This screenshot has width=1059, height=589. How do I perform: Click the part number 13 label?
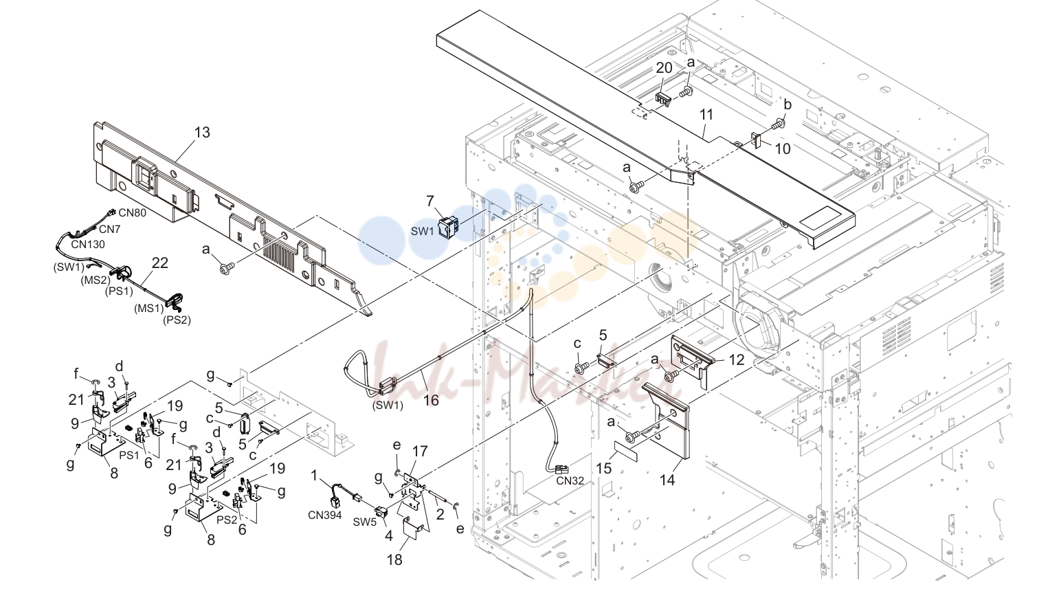(x=202, y=133)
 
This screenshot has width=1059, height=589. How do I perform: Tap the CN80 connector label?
(x=133, y=213)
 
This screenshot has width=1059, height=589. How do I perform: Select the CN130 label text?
(x=88, y=245)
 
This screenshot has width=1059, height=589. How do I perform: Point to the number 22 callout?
(x=160, y=263)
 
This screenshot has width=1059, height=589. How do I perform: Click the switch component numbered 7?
(x=447, y=228)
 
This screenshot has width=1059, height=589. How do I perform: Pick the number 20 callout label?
(x=664, y=68)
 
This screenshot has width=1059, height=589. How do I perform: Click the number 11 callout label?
(x=706, y=115)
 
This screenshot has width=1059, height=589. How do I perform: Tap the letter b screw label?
(x=788, y=104)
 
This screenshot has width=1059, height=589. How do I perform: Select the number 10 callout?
(x=783, y=149)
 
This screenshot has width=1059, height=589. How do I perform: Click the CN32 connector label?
(x=570, y=480)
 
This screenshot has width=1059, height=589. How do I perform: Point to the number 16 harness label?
(x=431, y=401)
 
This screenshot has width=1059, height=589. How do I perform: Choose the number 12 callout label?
(x=736, y=360)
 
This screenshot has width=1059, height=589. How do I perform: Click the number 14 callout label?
(x=667, y=480)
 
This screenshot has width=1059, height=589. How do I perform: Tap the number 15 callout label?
(x=604, y=468)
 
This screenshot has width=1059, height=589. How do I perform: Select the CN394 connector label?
(x=325, y=515)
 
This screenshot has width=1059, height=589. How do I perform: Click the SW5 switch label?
(x=364, y=522)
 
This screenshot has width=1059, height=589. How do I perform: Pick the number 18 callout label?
(x=394, y=559)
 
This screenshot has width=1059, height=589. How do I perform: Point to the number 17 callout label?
(x=420, y=452)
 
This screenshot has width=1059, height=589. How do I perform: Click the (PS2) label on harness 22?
(x=177, y=320)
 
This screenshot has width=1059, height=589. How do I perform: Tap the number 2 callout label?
(x=440, y=514)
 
